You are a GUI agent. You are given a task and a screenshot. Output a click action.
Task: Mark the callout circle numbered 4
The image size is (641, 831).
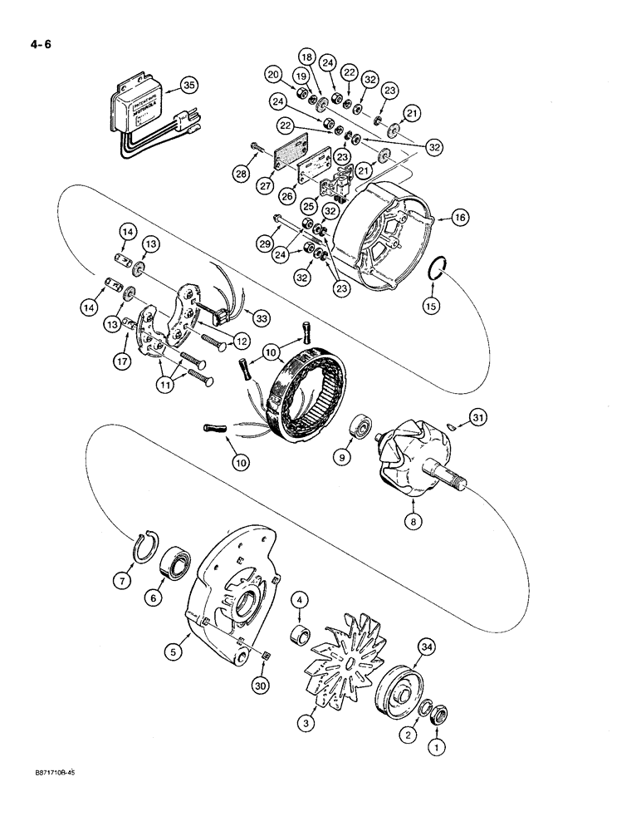[x=301, y=598]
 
